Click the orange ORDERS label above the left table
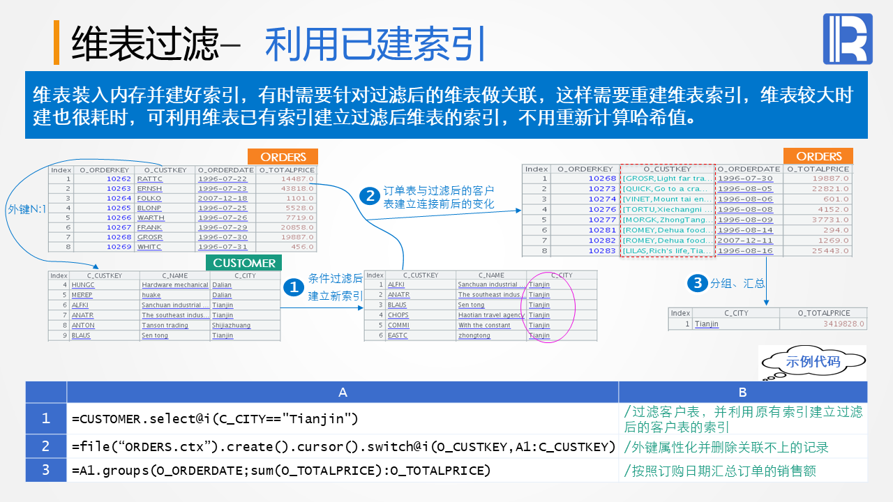click(x=283, y=157)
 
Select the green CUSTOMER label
click(x=243, y=263)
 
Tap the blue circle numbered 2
click(x=370, y=196)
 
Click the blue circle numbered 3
click(x=696, y=282)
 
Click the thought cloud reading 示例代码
click(x=812, y=362)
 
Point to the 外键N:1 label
click(x=27, y=208)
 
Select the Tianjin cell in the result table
click(x=707, y=324)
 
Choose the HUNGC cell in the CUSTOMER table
click(x=83, y=284)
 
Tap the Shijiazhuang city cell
click(x=231, y=326)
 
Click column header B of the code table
click(x=742, y=393)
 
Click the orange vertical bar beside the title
click(x=57, y=43)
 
